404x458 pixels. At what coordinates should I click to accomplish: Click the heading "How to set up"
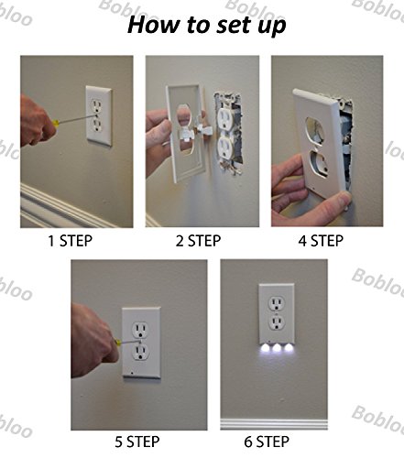pyautogui.click(x=207, y=25)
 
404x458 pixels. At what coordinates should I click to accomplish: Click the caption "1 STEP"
pyautogui.click(x=71, y=241)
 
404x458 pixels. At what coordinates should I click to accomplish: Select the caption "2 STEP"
pyautogui.click(x=198, y=241)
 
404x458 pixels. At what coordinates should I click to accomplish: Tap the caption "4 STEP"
pyautogui.click(x=321, y=241)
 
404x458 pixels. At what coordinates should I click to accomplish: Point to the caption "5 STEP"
pyautogui.click(x=137, y=442)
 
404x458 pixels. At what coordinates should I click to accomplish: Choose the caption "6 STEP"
pyautogui.click(x=267, y=442)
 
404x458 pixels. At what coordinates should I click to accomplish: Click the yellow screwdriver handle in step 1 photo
pyautogui.click(x=56, y=124)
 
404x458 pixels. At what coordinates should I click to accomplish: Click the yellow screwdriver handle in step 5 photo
pyautogui.click(x=117, y=342)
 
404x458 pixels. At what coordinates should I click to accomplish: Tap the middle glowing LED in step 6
pyautogui.click(x=277, y=347)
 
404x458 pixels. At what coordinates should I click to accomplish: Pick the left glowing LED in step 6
pyautogui.click(x=266, y=347)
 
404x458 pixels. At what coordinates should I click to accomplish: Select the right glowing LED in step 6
pyautogui.click(x=288, y=347)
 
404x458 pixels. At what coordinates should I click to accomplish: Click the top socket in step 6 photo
pyautogui.click(x=277, y=303)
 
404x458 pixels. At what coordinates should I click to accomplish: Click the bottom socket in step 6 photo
pyautogui.click(x=277, y=322)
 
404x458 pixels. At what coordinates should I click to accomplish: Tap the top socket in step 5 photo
pyautogui.click(x=140, y=329)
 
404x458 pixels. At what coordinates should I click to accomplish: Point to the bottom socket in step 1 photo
pyautogui.click(x=97, y=125)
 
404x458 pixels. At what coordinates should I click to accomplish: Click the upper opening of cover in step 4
pyautogui.click(x=315, y=130)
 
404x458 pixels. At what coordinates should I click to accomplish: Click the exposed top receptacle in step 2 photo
pyautogui.click(x=225, y=117)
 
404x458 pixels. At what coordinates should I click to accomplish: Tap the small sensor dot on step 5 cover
pyautogui.click(x=131, y=373)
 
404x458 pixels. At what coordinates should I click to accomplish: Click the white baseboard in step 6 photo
pyautogui.click(x=274, y=424)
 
